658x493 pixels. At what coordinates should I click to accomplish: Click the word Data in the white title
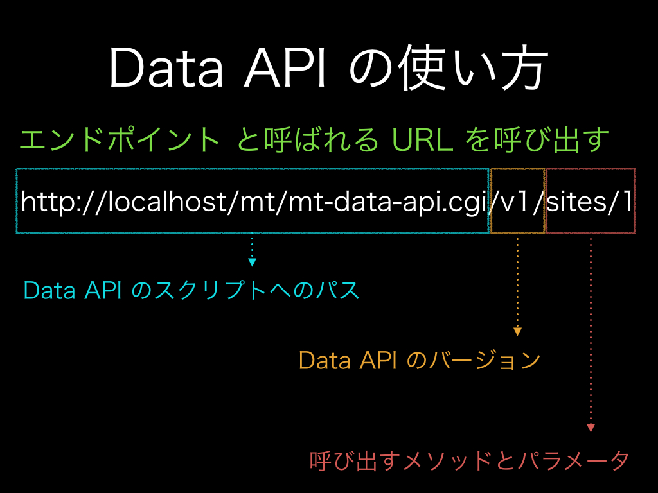166,68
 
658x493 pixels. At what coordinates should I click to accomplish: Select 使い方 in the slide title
473,68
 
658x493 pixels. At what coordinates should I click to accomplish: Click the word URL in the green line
423,139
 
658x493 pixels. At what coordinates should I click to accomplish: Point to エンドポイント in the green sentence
120,139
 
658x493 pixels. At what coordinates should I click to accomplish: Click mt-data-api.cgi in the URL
387,202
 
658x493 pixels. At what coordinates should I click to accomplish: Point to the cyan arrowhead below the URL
252,263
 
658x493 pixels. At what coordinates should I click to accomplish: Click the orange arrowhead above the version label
517,332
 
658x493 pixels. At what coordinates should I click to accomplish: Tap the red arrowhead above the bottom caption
591,428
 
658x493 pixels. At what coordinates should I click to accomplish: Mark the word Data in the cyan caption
49,290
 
